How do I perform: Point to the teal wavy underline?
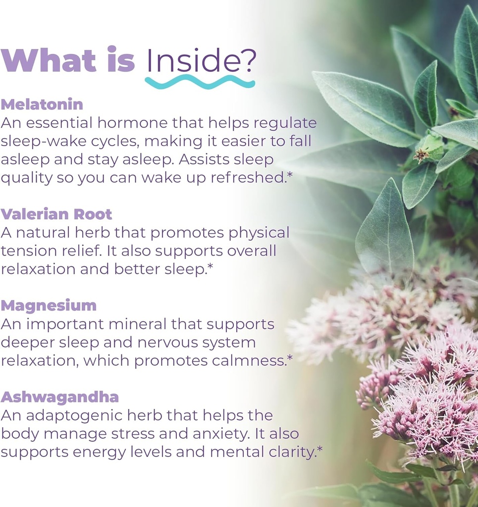200,82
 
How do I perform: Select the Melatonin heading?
42,104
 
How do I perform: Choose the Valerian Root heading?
56,214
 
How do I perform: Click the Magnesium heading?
49,305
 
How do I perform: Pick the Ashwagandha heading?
59,397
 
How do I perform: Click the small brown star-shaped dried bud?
422,155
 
